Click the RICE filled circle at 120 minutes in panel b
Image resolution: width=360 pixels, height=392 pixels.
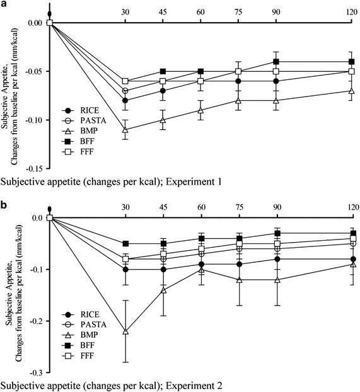click(351, 259)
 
